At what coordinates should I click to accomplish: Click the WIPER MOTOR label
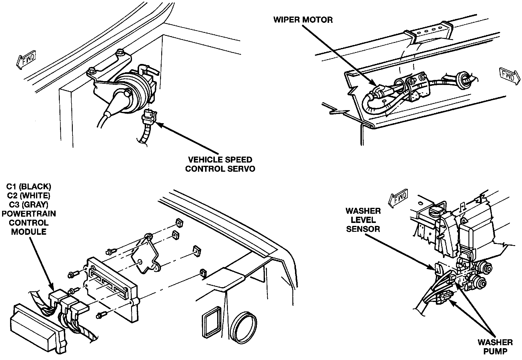click(303, 20)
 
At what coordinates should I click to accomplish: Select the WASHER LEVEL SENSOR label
click(363, 220)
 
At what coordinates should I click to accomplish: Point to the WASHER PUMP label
click(495, 347)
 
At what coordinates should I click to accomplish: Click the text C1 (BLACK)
click(29, 187)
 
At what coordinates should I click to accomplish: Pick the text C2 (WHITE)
click(29, 196)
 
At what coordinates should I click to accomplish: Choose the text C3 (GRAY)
click(29, 205)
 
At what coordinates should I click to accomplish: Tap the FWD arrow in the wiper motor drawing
click(509, 76)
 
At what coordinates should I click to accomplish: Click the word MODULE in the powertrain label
click(29, 232)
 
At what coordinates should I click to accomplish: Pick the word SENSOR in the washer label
click(363, 229)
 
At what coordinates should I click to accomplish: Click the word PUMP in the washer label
click(495, 351)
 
